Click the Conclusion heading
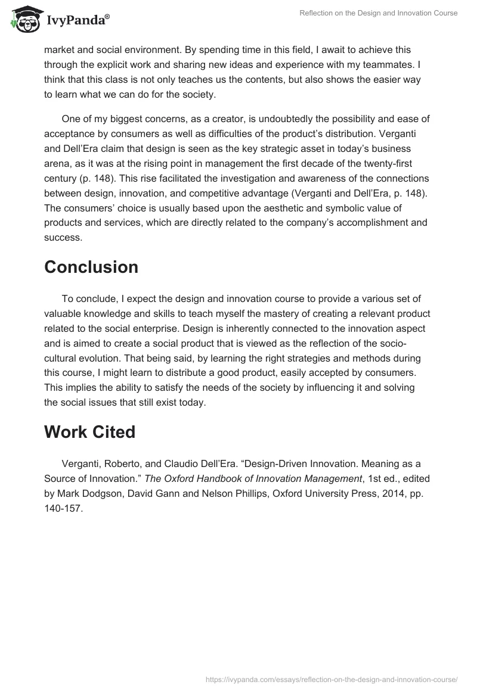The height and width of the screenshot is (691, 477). click(x=91, y=267)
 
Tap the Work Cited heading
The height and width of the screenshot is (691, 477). click(x=90, y=432)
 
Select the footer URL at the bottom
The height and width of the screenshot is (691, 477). click(x=330, y=678)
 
